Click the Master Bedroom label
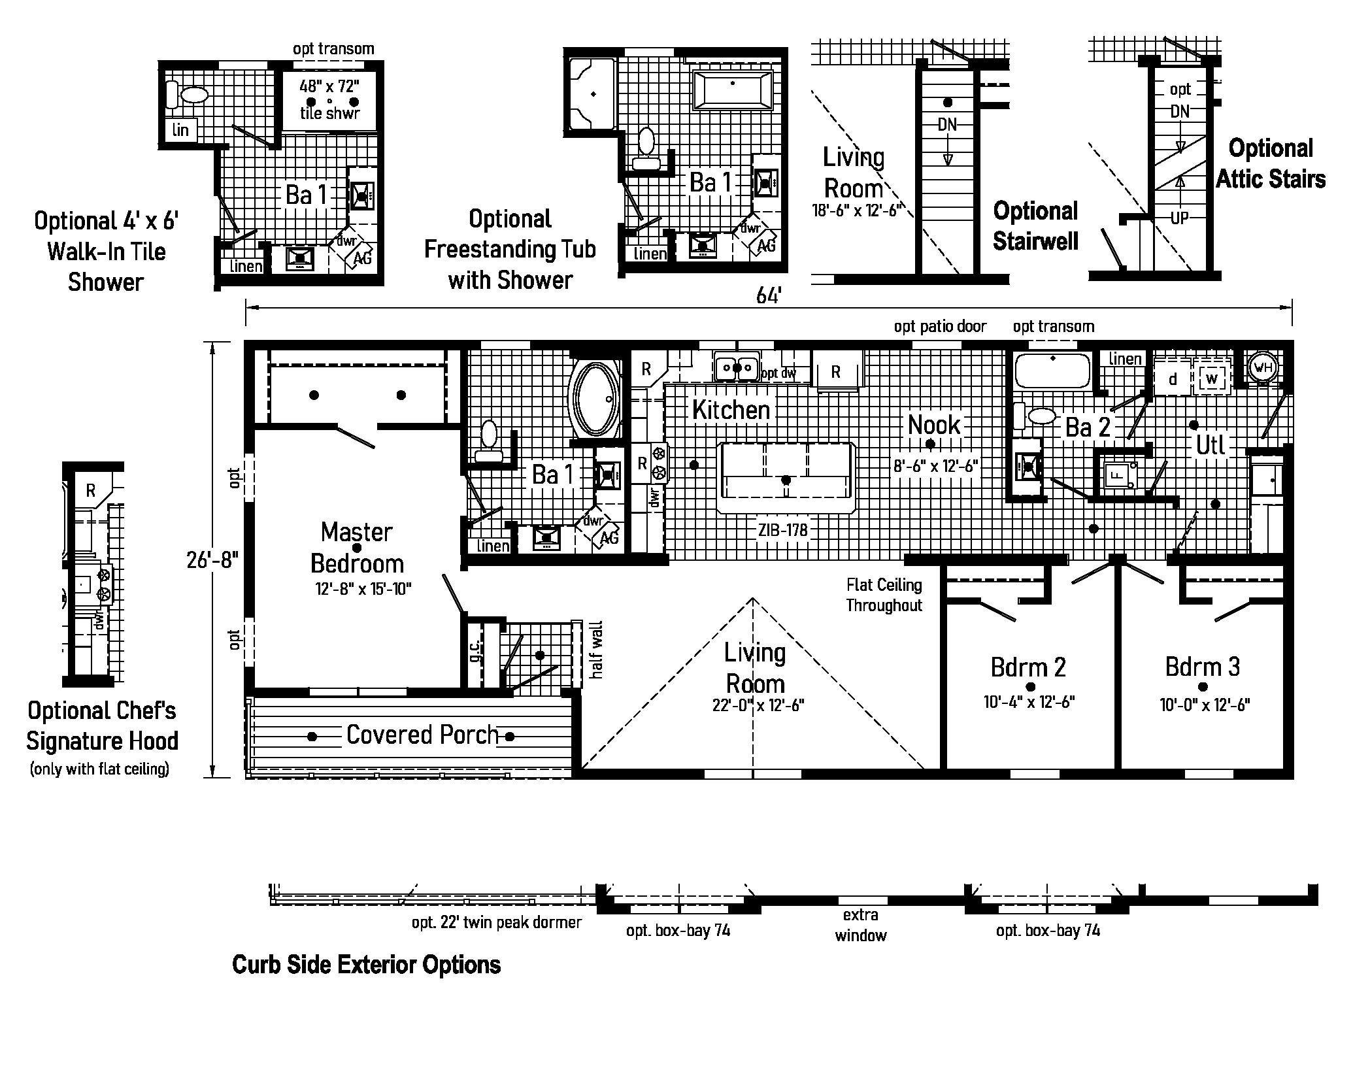point(357,548)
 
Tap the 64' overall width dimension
point(769,296)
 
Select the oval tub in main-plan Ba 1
point(595,399)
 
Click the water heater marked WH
point(1263,367)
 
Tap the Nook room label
point(934,425)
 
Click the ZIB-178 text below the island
point(783,530)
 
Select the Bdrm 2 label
point(1028,667)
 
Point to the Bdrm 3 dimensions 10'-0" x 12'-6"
point(1205,705)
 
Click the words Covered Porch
point(422,735)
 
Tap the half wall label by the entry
point(596,650)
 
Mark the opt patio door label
point(940,326)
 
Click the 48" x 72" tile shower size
point(329,86)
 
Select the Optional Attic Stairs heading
point(1271,163)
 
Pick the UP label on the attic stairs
point(1179,218)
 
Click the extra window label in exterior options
point(860,925)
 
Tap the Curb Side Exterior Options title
point(366,965)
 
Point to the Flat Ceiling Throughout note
point(884,595)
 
